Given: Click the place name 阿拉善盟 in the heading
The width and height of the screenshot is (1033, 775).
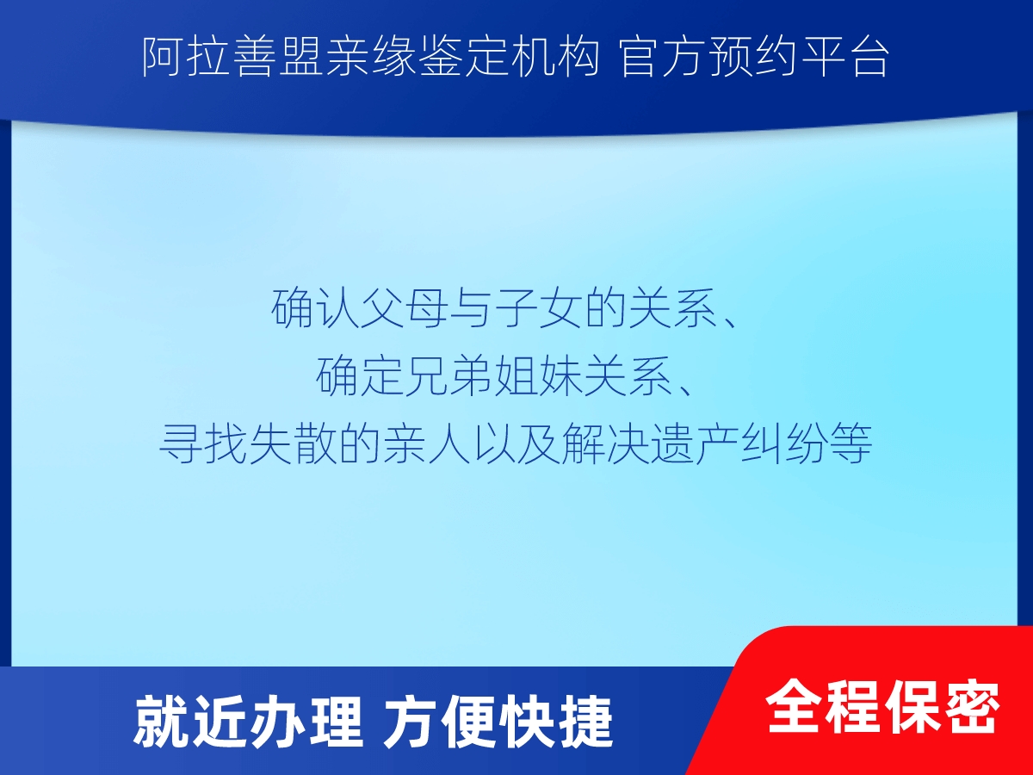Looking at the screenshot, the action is [232, 57].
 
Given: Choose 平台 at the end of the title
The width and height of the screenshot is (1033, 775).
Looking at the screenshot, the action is [844, 57].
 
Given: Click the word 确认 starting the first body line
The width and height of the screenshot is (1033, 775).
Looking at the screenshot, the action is [315, 307].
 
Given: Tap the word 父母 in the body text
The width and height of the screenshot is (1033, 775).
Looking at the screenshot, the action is [405, 307].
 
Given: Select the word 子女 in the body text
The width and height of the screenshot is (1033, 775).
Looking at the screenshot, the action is [540, 307].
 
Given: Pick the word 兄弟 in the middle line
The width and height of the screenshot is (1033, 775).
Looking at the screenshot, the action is [450, 375].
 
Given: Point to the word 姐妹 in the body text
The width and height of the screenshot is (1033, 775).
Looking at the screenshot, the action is [540, 375].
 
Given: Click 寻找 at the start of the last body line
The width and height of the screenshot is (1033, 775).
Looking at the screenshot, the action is [203, 443].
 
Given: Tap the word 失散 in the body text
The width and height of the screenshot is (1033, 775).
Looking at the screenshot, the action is [294, 443].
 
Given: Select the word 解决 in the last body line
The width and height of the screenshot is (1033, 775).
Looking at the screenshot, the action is [606, 443].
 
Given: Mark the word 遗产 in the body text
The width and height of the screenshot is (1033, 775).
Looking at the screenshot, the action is [696, 443].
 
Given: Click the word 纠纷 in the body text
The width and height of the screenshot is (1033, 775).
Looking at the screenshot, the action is [785, 443].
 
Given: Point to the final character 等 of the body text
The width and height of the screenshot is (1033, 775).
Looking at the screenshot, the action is [851, 443].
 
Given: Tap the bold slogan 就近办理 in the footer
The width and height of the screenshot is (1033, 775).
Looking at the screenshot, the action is [248, 722].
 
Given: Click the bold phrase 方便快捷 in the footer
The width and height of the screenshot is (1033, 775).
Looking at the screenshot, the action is [498, 722].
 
